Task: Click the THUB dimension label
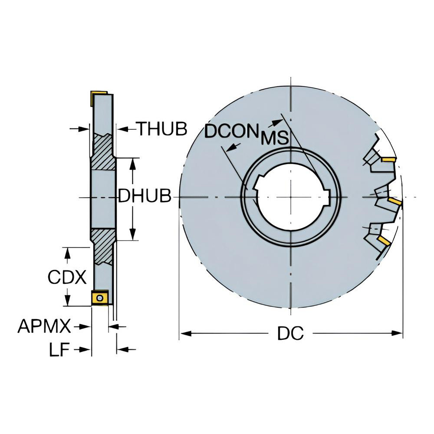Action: click(x=162, y=128)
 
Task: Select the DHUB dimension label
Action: click(x=145, y=197)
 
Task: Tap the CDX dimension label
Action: click(x=67, y=277)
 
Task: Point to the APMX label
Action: click(x=44, y=326)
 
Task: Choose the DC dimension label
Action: click(x=290, y=333)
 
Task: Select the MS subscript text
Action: click(x=275, y=138)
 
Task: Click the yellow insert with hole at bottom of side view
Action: click(x=100, y=298)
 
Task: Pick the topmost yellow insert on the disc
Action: click(x=388, y=159)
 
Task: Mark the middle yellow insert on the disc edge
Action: click(x=395, y=201)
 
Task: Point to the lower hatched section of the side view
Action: click(x=103, y=245)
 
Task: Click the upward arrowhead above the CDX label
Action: click(x=67, y=253)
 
